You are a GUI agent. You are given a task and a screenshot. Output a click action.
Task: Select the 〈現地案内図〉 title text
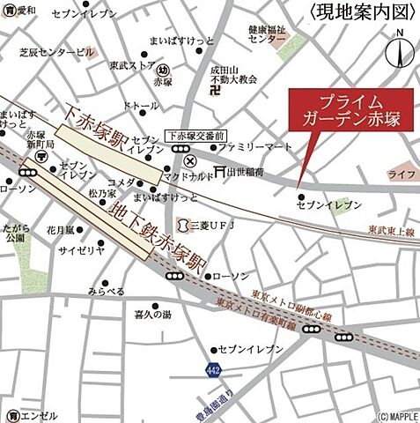tap(363, 12)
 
